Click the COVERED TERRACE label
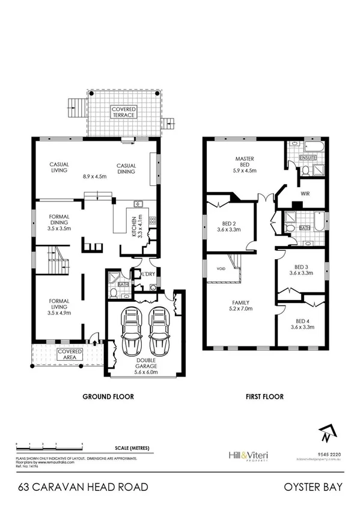click(x=123, y=111)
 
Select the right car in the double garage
click(x=157, y=333)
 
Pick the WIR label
click(x=304, y=194)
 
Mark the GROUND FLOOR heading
click(x=108, y=397)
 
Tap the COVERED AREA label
click(x=70, y=355)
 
